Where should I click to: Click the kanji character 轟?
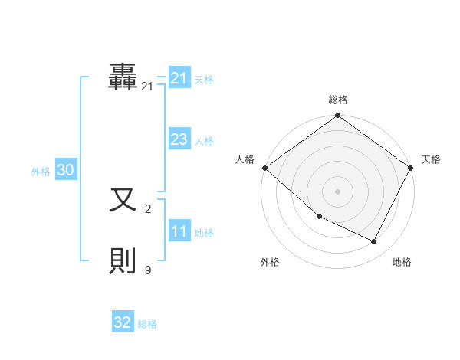pos(123,77)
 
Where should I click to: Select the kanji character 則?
pos(123,260)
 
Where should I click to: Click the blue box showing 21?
pos(179,78)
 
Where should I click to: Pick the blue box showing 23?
pos(179,139)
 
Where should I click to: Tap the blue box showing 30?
pos(65,171)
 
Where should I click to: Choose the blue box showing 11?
pos(179,232)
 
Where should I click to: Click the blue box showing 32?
pos(123,322)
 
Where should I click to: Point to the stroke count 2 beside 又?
pos(148,208)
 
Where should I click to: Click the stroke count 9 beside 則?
pos(148,270)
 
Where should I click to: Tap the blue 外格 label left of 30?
pos(41,172)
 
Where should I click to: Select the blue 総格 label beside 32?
pos(147,324)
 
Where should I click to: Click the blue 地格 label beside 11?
pos(204,233)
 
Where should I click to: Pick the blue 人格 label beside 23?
pos(204,141)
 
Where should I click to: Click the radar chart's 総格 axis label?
pos(338,100)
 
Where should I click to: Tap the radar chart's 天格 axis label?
pos(431,159)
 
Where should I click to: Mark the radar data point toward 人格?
pos(264,168)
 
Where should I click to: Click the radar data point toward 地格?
pos(374,242)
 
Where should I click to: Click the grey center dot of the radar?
pos(338,191)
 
